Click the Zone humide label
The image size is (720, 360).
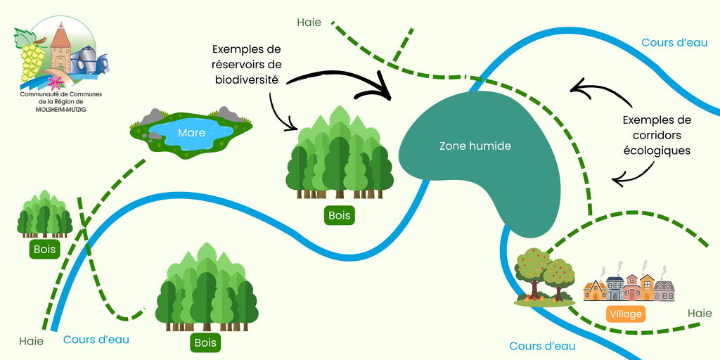pos(475,146)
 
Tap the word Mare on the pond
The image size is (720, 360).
pos(192,132)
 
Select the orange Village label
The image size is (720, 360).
pos(625,314)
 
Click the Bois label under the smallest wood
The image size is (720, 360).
pos(44,249)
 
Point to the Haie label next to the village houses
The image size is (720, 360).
pos(699,313)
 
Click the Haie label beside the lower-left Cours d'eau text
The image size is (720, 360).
pos(32,342)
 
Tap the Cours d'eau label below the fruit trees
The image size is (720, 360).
pos(542,346)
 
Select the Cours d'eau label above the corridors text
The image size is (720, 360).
pos(674,43)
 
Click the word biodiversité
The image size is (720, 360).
pos(246,80)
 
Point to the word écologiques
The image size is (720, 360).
pos(657,150)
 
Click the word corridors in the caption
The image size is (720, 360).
pos(657,135)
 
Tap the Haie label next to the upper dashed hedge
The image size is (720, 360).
pos(309,22)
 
